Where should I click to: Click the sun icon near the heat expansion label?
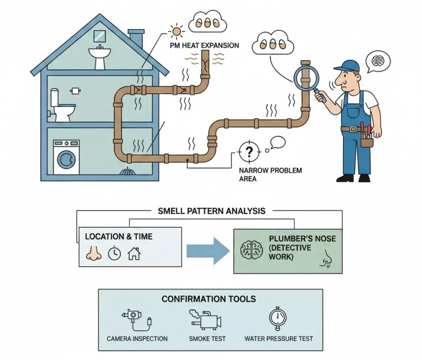click(x=176, y=31)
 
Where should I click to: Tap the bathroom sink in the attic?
click(x=99, y=54)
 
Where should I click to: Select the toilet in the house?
click(x=62, y=107)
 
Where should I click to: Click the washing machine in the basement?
click(x=66, y=157)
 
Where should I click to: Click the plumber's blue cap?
click(x=348, y=66)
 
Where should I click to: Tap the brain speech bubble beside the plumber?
click(x=377, y=60)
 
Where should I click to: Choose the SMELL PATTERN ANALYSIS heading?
click(x=211, y=211)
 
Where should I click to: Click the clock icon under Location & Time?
click(x=114, y=253)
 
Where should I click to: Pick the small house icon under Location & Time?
click(x=134, y=253)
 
